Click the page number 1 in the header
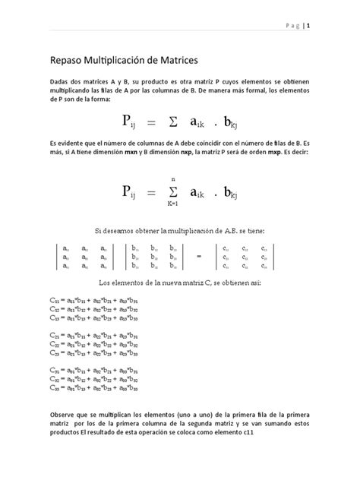(310, 24)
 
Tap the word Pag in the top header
(292, 24)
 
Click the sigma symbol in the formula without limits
(174, 122)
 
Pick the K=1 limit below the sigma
(173, 204)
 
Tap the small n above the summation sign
(173, 178)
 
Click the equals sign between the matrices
(200, 256)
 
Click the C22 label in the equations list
(52, 343)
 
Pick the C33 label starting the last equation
(52, 385)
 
